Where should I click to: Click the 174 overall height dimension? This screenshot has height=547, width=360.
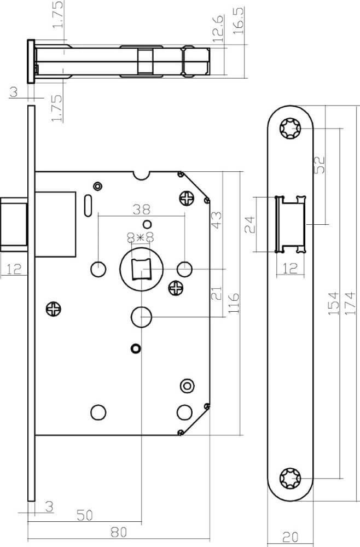[350, 304]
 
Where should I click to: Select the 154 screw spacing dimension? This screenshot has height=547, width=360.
[334, 304]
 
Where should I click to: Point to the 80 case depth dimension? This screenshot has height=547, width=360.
[119, 532]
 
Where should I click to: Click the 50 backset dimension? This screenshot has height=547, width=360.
[85, 515]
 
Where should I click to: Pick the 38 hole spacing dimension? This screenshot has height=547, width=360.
[141, 210]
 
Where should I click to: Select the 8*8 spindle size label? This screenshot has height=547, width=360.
[141, 238]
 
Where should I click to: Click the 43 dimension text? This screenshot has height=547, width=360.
[216, 220]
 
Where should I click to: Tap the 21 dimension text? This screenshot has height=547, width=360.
[216, 293]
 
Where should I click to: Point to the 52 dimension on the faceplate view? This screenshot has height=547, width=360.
[320, 165]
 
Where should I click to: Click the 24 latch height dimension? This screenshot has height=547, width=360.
[250, 224]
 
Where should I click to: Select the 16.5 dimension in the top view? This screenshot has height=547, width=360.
[238, 21]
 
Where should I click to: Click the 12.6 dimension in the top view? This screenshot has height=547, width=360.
[218, 28]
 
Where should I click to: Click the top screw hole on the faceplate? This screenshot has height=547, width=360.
[290, 129]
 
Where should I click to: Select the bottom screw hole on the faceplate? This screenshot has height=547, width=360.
[290, 478]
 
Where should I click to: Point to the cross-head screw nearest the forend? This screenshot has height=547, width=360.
[54, 309]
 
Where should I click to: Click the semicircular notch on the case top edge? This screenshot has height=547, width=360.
[141, 175]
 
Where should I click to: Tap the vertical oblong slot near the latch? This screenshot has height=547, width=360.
[88, 206]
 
